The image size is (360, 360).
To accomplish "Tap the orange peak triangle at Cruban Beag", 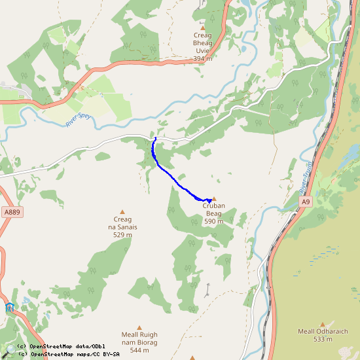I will click(x=213, y=199).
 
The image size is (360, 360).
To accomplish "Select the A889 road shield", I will click(x=12, y=212).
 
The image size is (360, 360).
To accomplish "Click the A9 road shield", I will click(x=305, y=202).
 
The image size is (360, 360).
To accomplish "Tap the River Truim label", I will click(x=306, y=177).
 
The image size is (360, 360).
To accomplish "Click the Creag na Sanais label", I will click(x=122, y=223).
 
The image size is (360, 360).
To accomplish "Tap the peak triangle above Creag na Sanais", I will click(x=122, y=211).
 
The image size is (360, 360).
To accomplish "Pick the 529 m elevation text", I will click(x=122, y=235).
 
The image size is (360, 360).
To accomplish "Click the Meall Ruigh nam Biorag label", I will click(x=139, y=338).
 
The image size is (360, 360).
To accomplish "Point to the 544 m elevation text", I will click(x=139, y=350).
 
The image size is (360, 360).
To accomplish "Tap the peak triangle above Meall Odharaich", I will click(x=322, y=323).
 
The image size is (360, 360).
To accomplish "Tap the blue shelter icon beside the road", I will click(x=9, y=307).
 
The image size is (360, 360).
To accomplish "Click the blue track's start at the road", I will click(x=155, y=139).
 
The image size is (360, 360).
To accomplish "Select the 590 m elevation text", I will click(x=213, y=222).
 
